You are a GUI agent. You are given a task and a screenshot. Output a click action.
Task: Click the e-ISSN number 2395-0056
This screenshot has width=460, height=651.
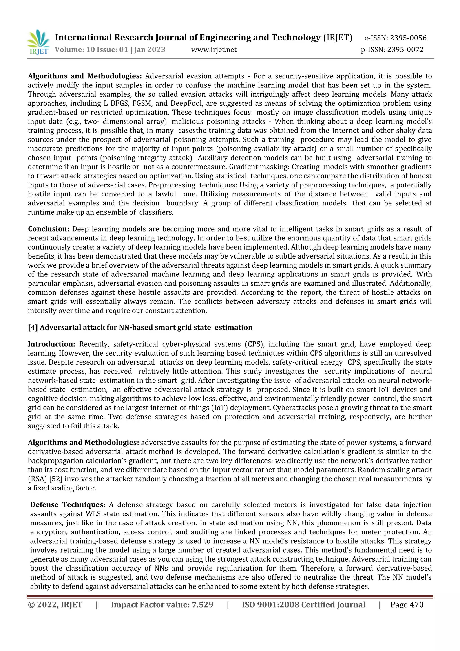click(x=408, y=38)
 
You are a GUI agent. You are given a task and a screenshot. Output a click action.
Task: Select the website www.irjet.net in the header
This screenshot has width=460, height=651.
click(x=214, y=50)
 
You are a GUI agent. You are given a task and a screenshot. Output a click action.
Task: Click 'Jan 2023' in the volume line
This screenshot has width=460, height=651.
click(x=150, y=50)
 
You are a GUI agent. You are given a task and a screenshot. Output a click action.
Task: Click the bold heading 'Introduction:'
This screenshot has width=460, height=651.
click(x=51, y=344)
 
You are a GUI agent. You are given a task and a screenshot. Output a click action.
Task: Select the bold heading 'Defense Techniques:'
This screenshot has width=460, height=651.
click(x=68, y=505)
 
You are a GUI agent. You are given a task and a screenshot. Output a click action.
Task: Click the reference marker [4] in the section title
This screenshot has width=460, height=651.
click(x=33, y=328)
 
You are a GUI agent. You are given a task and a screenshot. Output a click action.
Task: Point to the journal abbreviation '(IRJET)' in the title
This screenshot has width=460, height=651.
click(x=338, y=37)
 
